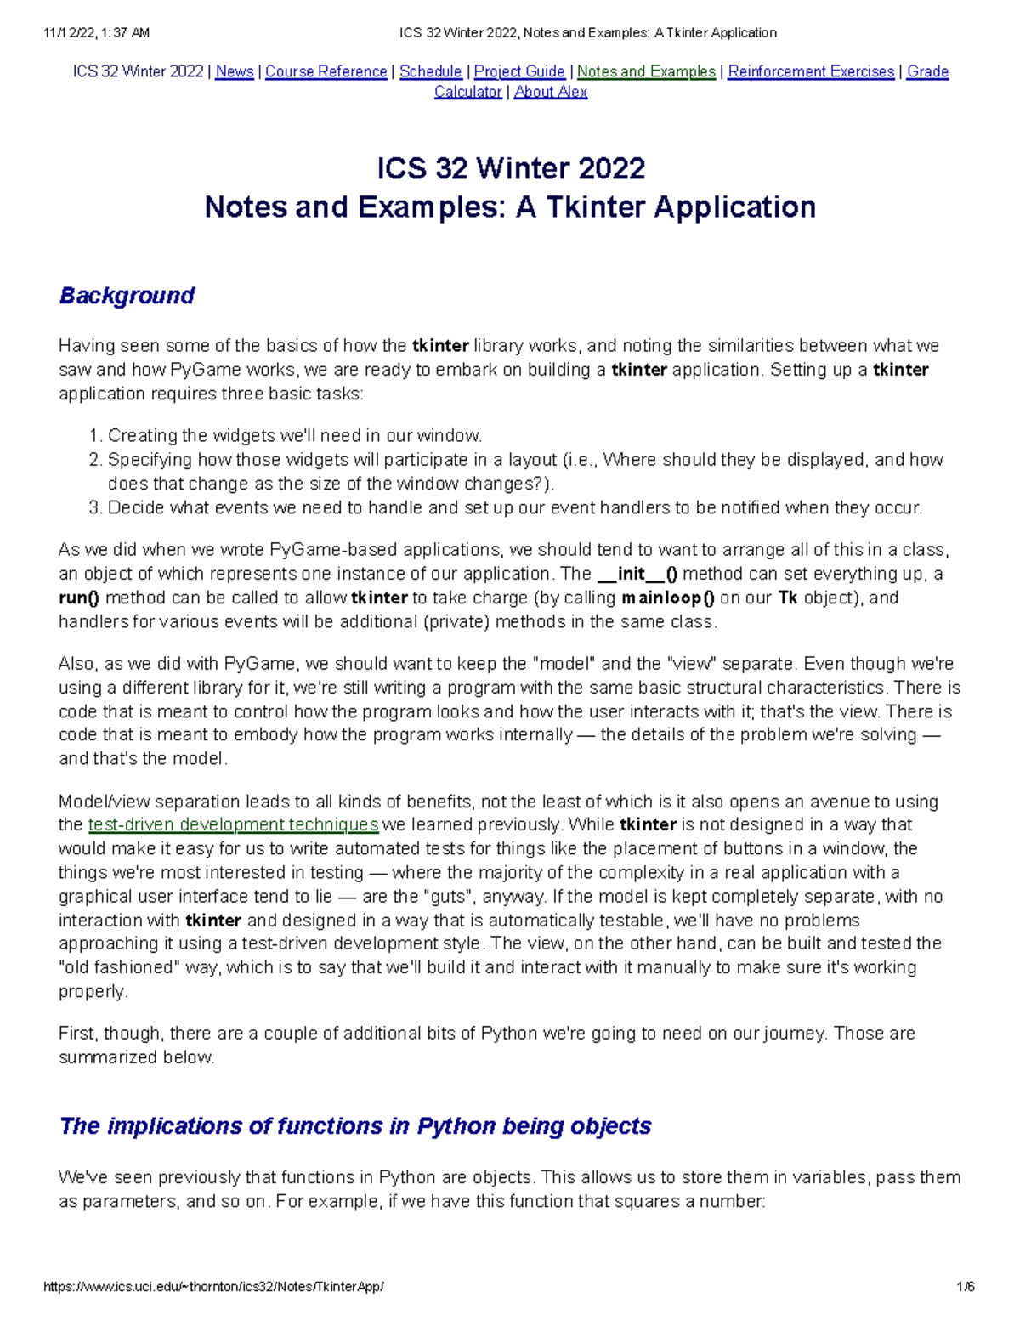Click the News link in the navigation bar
point(235,71)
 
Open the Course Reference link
point(326,71)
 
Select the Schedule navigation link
point(430,71)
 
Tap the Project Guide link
point(519,71)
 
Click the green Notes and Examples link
point(646,71)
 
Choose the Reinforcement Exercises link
point(811,71)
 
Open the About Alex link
point(551,92)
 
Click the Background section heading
point(127,296)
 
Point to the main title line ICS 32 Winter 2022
point(511,168)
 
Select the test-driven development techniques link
point(233,824)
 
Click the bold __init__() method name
point(637,574)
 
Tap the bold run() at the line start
point(79,598)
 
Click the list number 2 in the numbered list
point(94,460)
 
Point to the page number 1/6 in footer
point(965,1287)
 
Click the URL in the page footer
point(213,1287)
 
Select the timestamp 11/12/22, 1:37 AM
point(95,33)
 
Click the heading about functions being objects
point(355,1126)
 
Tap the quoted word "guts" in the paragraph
point(448,897)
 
